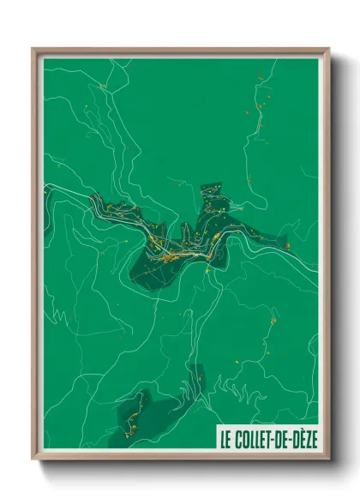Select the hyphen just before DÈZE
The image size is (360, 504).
point(292,438)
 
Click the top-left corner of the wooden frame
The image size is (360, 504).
point(33,49)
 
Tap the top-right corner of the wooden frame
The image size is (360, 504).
point(328,49)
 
